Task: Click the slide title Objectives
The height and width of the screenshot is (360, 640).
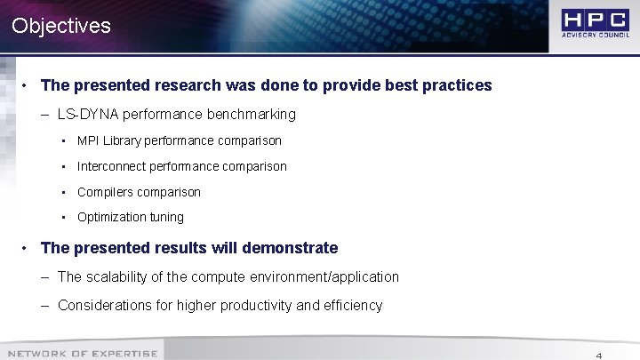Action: tap(61, 26)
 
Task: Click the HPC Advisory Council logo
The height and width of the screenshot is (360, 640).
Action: tap(595, 25)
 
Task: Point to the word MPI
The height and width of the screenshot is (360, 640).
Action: tap(89, 140)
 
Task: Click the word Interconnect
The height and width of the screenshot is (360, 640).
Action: tap(111, 166)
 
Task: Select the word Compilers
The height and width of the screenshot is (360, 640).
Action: tap(104, 192)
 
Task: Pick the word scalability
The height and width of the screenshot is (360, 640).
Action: tap(117, 276)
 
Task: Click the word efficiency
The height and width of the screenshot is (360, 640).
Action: tap(351, 305)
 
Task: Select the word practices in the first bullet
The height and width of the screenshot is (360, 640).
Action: tap(455, 85)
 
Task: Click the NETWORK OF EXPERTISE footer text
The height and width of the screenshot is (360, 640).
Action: tap(83, 354)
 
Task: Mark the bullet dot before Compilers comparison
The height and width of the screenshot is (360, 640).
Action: tap(65, 192)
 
